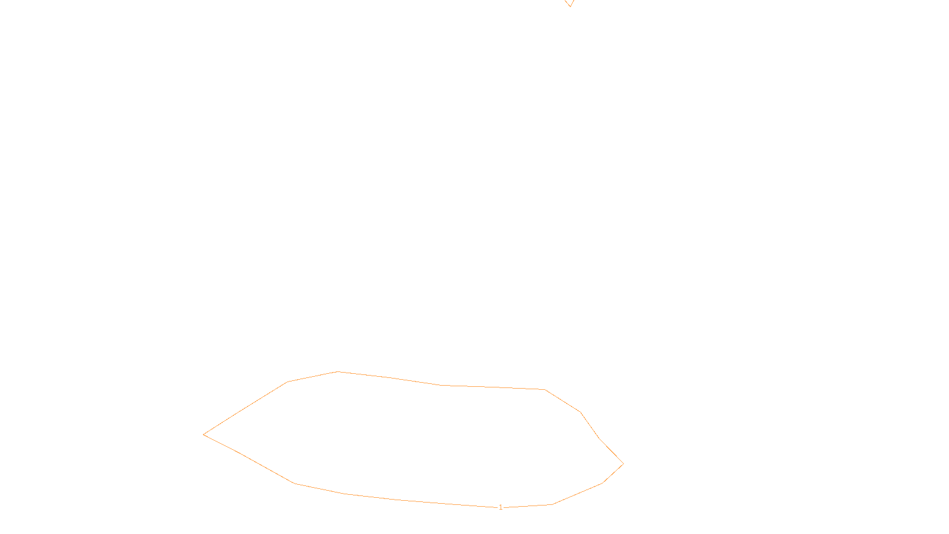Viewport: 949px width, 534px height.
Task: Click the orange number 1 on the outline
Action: point(501,507)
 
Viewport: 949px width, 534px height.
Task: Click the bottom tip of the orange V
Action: point(569,7)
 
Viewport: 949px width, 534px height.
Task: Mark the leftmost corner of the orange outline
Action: point(203,434)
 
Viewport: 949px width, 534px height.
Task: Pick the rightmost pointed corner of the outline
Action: point(623,464)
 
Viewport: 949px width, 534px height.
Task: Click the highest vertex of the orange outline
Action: point(338,371)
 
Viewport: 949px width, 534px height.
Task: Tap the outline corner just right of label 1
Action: point(552,504)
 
